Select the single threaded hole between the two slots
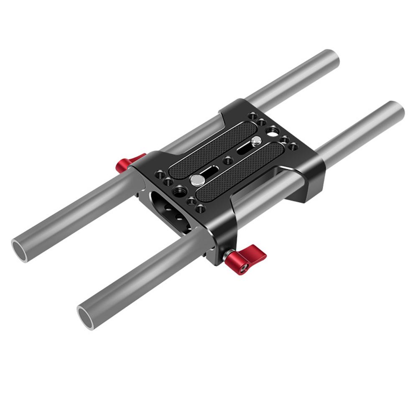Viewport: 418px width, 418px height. point(227,160)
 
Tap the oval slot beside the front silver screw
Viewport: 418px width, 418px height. point(210,171)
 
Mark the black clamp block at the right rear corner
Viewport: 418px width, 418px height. point(309,180)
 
